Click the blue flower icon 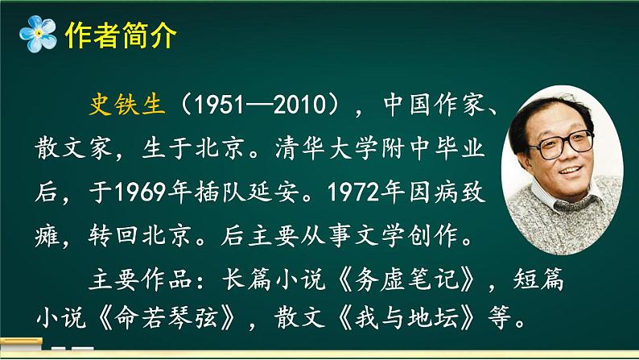point(36,35)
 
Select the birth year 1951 point(212,106)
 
